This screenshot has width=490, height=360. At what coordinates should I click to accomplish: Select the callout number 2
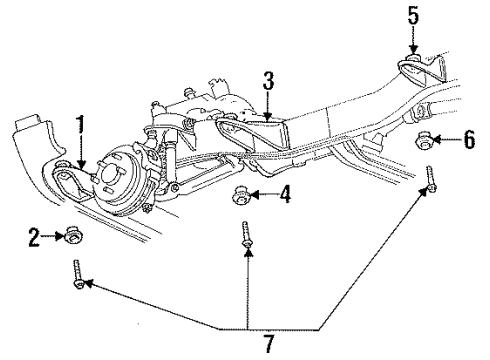pos(34,237)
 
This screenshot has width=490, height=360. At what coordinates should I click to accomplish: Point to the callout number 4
pos(285,194)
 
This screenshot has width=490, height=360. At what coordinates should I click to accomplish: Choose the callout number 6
pos(468,141)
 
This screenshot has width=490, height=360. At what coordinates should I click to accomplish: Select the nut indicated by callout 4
pos(242,194)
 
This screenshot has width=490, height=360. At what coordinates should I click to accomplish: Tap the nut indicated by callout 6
pos(424,141)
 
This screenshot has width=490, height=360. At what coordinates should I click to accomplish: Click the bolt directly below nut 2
pos(77,275)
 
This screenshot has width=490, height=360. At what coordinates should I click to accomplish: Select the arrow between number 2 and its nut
pos(52,237)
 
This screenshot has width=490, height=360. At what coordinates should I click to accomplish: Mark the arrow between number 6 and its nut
pos(447,141)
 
